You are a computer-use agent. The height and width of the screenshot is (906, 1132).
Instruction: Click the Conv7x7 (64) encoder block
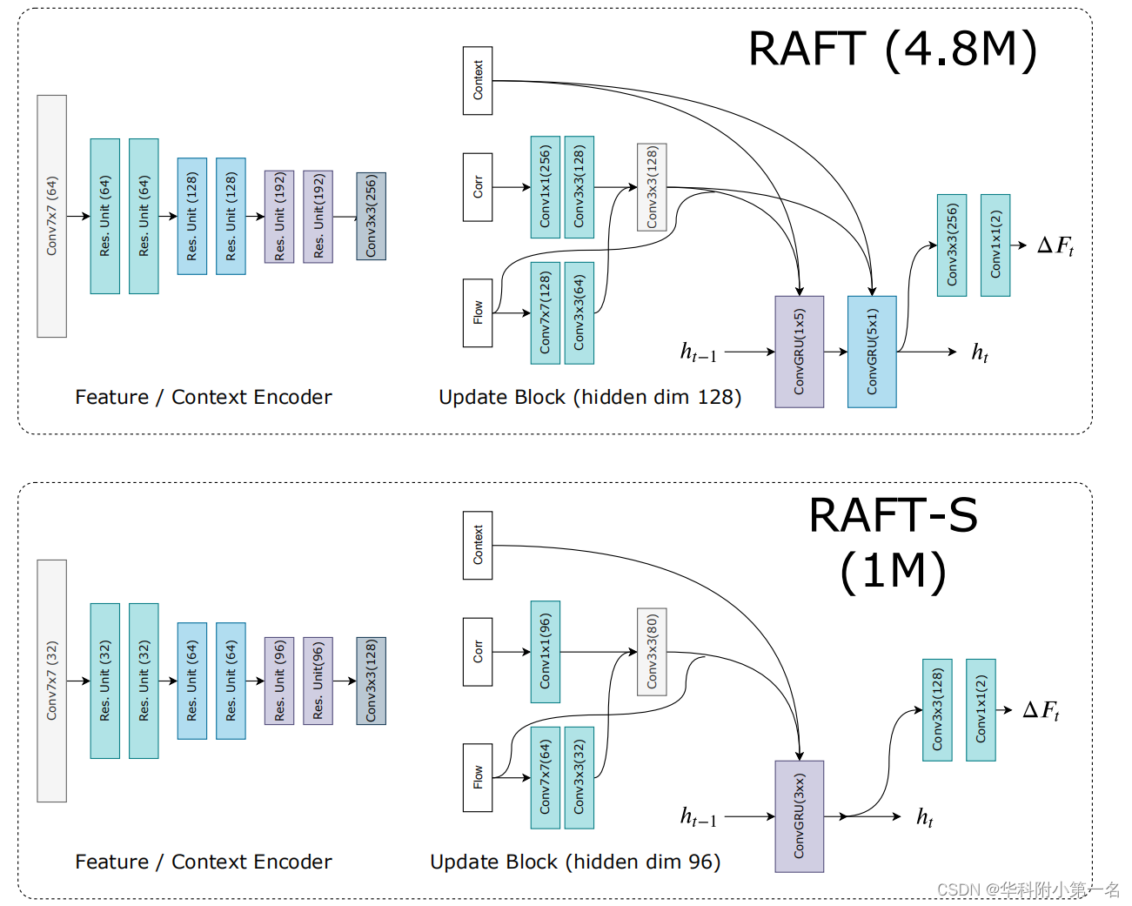[x=52, y=216]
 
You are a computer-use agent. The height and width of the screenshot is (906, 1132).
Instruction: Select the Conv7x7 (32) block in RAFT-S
[x=52, y=681]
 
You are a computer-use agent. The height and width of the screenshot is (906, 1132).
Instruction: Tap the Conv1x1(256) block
[x=545, y=187]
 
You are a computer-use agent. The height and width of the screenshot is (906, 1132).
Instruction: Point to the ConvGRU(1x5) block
[x=799, y=352]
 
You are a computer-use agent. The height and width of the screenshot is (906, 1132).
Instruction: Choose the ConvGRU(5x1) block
[x=872, y=352]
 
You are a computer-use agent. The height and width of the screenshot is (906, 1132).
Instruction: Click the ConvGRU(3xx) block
[x=799, y=816]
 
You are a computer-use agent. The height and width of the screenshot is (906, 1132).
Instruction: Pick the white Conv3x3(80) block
[x=652, y=652]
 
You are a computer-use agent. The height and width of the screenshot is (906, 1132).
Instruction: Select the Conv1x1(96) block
[x=545, y=652]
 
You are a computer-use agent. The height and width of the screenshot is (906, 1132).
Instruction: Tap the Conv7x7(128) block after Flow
[x=545, y=313]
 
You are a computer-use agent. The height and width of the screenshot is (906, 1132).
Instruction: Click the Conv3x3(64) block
[x=579, y=313]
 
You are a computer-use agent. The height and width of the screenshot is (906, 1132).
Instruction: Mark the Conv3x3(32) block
[x=579, y=778]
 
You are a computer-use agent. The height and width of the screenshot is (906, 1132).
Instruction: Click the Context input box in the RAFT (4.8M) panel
[x=478, y=81]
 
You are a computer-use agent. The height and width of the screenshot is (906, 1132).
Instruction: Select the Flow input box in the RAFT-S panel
[x=478, y=777]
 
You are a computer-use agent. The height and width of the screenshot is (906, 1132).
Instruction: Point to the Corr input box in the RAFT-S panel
[x=478, y=652]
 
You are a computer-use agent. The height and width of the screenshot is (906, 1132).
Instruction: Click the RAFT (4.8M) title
[x=893, y=50]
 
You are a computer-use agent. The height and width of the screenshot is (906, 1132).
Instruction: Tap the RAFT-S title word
[x=893, y=515]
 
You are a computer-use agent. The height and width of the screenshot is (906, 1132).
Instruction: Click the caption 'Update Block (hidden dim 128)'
[x=590, y=398]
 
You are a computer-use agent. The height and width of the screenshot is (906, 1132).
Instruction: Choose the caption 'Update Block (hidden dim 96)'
[x=575, y=862]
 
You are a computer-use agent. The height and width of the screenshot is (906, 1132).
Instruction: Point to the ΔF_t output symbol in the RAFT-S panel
[x=1042, y=710]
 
